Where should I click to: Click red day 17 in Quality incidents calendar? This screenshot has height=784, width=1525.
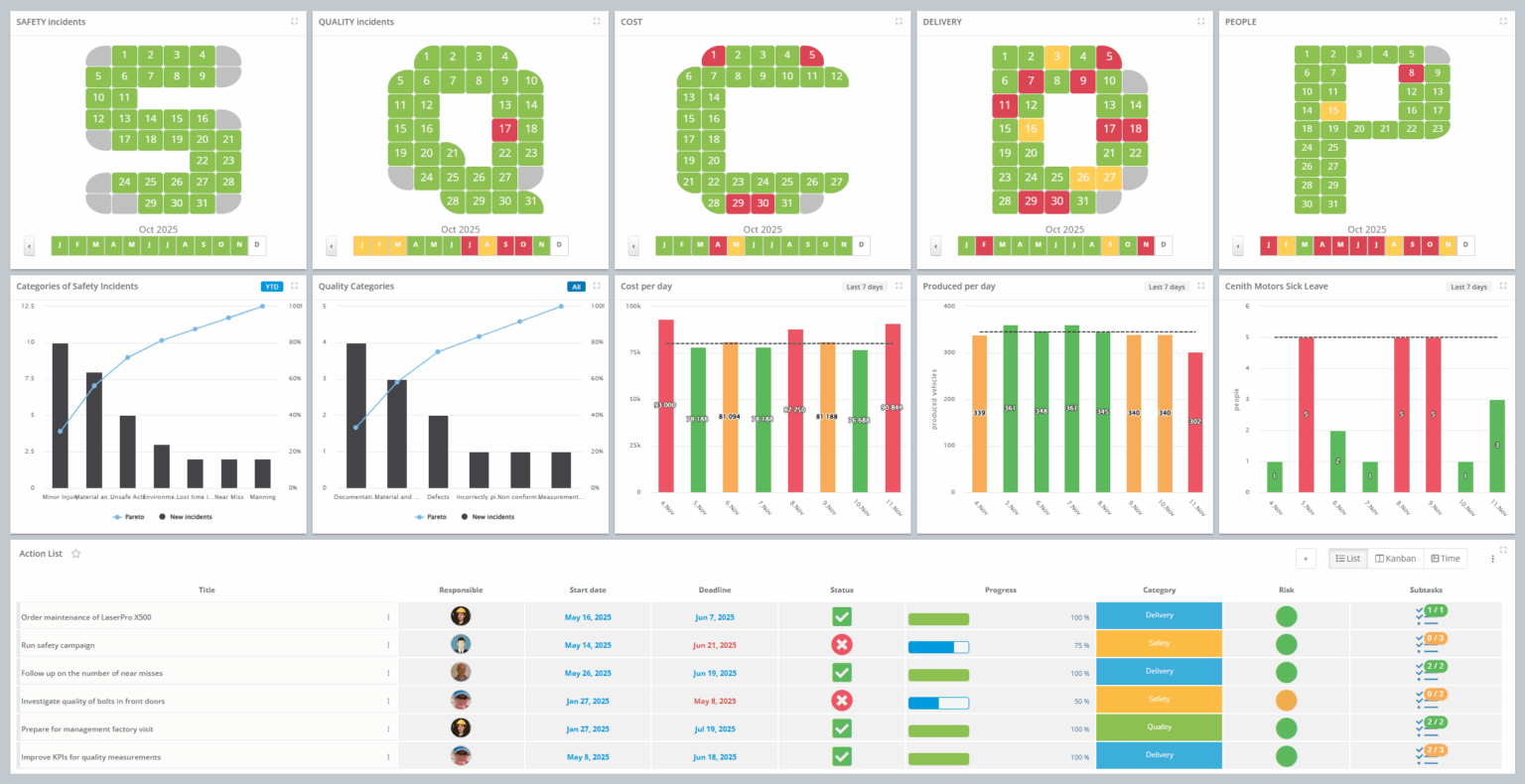(504, 129)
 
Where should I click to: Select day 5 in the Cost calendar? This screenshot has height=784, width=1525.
(811, 56)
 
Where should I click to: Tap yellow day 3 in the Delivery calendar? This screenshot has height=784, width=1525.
(1057, 57)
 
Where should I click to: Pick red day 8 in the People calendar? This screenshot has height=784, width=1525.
(1411, 72)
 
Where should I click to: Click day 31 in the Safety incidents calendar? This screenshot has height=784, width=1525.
(203, 202)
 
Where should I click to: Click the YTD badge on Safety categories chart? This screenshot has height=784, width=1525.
(271, 287)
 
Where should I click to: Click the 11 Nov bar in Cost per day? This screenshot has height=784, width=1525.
(893, 407)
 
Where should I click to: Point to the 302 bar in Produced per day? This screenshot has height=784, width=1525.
(1195, 422)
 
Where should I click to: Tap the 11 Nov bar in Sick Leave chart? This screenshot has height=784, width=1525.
(1496, 446)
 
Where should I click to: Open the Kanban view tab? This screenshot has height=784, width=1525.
(1395, 559)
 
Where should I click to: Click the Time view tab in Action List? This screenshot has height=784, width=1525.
(1445, 559)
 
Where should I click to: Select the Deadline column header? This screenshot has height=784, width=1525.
(715, 589)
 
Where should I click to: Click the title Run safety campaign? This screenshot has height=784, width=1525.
(59, 645)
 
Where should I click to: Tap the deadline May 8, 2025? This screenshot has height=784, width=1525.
(715, 701)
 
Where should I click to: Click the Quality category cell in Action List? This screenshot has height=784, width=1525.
(1159, 727)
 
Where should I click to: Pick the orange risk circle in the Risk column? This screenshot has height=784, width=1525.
(1286, 701)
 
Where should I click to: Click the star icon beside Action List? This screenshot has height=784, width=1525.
(75, 554)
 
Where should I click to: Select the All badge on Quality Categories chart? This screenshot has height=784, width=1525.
(576, 287)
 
